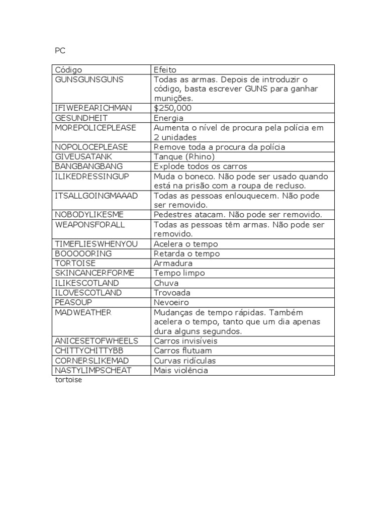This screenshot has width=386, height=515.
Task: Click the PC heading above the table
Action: pyautogui.click(x=60, y=51)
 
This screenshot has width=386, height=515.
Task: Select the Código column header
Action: pyautogui.click(x=68, y=70)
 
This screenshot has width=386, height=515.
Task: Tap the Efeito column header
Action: pyautogui.click(x=165, y=70)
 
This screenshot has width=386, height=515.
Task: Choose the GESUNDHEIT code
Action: pyautogui.click(x=80, y=118)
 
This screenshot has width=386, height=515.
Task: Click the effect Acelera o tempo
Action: pyautogui.click(x=186, y=244)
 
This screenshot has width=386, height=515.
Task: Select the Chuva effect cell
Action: pyautogui.click(x=166, y=283)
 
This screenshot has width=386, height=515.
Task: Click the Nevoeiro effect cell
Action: pyautogui.click(x=171, y=302)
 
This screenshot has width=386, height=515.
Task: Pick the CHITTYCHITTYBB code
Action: pyautogui.click(x=88, y=351)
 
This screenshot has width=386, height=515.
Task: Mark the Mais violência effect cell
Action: pyautogui.click(x=181, y=370)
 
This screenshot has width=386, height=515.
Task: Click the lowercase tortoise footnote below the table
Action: pyautogui.click(x=68, y=380)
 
